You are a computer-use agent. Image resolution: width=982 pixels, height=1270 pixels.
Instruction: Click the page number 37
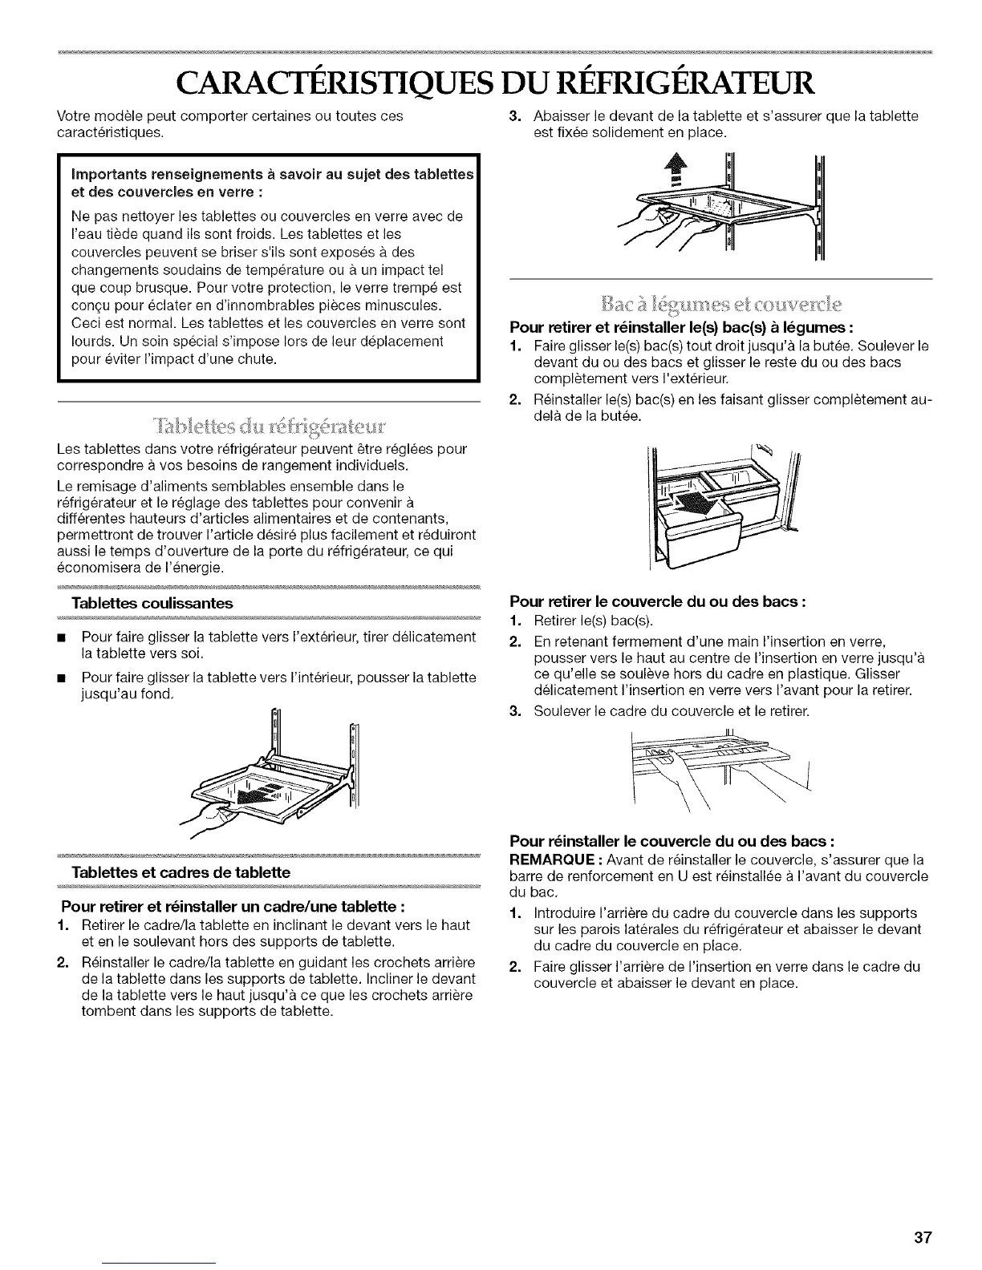(922, 1237)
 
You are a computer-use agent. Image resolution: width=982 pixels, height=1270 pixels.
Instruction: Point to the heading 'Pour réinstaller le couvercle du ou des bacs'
(673, 843)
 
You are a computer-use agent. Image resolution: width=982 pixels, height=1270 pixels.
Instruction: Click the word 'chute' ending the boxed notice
(258, 358)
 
